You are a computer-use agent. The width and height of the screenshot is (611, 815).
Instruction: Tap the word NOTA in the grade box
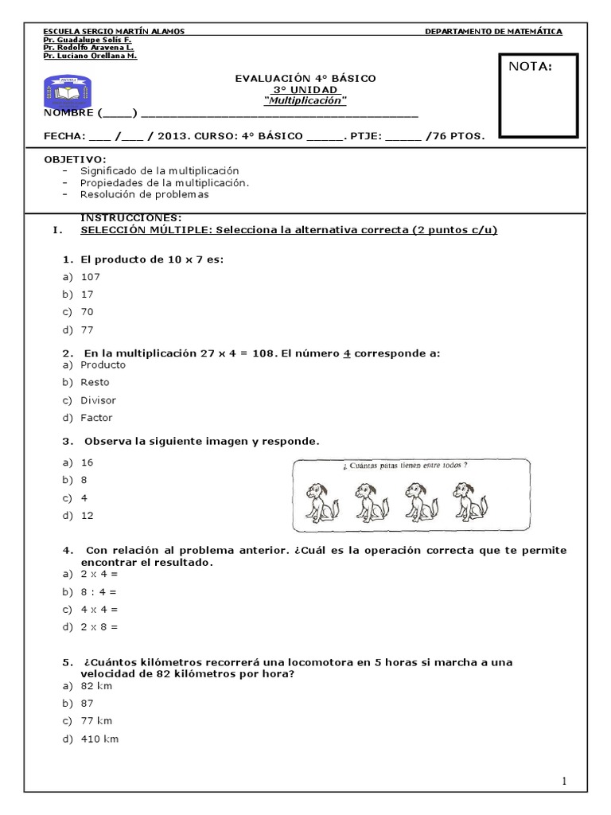(x=530, y=67)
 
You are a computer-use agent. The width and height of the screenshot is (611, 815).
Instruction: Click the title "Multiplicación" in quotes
(x=305, y=101)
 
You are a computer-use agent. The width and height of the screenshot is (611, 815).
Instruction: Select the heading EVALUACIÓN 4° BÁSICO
(x=305, y=78)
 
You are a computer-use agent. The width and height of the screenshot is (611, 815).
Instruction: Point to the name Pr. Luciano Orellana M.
(x=90, y=57)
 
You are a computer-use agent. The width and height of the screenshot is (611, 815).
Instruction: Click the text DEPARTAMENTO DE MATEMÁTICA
(x=493, y=31)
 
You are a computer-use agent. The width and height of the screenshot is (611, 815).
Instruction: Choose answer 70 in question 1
(x=88, y=312)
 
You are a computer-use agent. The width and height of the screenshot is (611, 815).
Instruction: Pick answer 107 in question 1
(x=91, y=277)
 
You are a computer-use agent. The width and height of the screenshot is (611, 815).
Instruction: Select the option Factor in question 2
(x=96, y=418)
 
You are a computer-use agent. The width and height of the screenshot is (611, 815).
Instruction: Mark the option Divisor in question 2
(x=98, y=400)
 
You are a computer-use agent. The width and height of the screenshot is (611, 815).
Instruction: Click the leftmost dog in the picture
(x=322, y=503)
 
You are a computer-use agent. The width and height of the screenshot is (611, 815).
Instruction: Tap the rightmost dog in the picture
(x=470, y=503)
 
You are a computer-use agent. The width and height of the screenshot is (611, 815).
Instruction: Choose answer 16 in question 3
(x=88, y=462)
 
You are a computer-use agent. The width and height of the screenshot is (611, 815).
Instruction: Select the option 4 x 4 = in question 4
(x=99, y=610)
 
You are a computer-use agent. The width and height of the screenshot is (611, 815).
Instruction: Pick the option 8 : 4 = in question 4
(x=99, y=592)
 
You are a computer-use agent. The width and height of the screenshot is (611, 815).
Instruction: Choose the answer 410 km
(x=99, y=739)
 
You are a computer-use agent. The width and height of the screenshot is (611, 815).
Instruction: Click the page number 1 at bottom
(x=564, y=782)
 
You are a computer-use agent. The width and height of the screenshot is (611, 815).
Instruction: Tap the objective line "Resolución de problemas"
(x=144, y=194)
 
